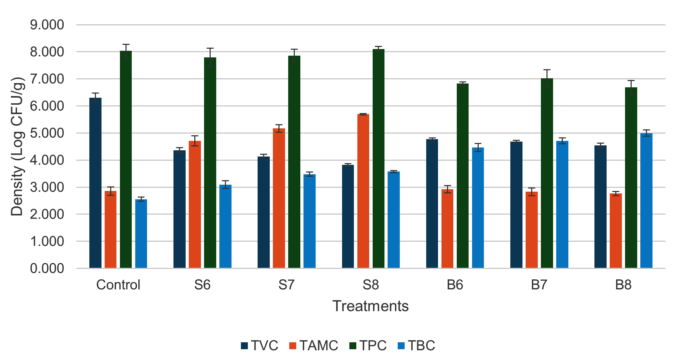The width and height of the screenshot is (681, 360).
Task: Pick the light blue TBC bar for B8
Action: (x=646, y=200)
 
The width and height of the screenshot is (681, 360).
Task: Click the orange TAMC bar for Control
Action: (x=111, y=229)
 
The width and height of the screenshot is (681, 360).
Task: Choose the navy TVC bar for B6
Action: (x=432, y=203)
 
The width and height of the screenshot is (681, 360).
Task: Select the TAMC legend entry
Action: (x=314, y=346)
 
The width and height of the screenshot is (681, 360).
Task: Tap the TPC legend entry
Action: (x=368, y=346)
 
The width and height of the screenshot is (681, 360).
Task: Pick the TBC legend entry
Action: (x=416, y=346)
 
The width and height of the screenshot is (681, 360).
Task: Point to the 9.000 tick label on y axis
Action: (x=47, y=25)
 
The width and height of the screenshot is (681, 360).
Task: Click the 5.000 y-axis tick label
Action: (x=47, y=133)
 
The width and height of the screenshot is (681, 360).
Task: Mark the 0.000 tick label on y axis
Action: (x=47, y=269)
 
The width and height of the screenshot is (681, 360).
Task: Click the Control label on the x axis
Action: (x=118, y=285)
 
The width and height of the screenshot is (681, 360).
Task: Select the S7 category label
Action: (x=286, y=285)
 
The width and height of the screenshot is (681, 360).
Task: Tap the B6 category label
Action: (x=455, y=285)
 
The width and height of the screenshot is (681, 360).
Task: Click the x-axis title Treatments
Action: (x=370, y=306)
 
